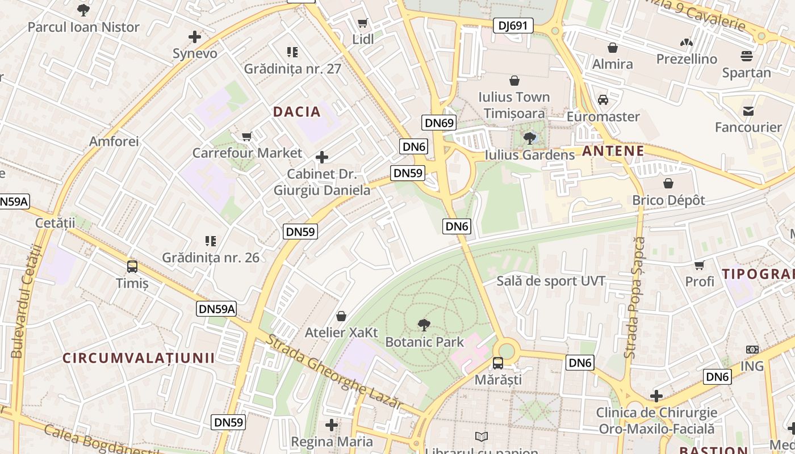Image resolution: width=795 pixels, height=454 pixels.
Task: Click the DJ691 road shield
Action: point(513,26)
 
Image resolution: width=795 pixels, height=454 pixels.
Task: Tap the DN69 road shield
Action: point(439,123)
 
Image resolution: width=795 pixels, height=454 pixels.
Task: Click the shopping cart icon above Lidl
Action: point(362,23)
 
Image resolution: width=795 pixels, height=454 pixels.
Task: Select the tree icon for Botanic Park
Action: point(424,325)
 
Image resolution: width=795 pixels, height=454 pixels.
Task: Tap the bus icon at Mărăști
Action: point(498,363)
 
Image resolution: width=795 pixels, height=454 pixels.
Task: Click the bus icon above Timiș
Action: point(132,266)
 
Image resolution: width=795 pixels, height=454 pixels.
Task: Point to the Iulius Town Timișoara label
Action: point(514,105)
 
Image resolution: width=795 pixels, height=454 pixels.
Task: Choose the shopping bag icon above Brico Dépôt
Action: point(668,183)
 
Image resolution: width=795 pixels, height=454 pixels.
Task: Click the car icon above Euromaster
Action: point(603,100)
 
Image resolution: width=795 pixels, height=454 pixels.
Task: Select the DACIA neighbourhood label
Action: point(297,112)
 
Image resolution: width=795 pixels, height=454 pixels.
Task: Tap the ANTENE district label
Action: point(613,151)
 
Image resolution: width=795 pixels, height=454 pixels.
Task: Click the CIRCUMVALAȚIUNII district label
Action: point(139,358)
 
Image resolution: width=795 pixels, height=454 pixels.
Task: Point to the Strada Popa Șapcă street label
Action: point(635,297)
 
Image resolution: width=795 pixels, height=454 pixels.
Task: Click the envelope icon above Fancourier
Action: point(748,111)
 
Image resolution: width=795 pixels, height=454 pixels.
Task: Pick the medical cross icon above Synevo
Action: point(195,37)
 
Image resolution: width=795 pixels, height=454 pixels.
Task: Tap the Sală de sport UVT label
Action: point(551,281)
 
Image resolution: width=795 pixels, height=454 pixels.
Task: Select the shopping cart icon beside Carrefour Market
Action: point(247,136)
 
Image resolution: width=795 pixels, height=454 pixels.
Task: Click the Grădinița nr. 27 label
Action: point(292,69)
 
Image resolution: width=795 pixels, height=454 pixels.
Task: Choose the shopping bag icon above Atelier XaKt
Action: point(341,316)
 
